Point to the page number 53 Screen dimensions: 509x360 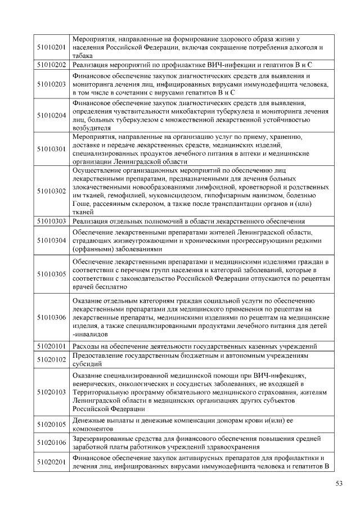(339, 483)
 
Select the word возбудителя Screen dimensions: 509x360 (92, 128)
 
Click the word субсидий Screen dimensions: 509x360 (87, 364)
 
